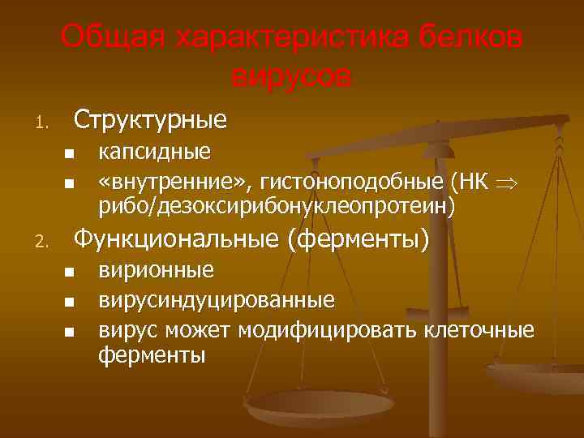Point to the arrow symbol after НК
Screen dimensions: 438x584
click(509, 182)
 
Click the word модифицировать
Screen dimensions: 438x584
click(325, 329)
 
